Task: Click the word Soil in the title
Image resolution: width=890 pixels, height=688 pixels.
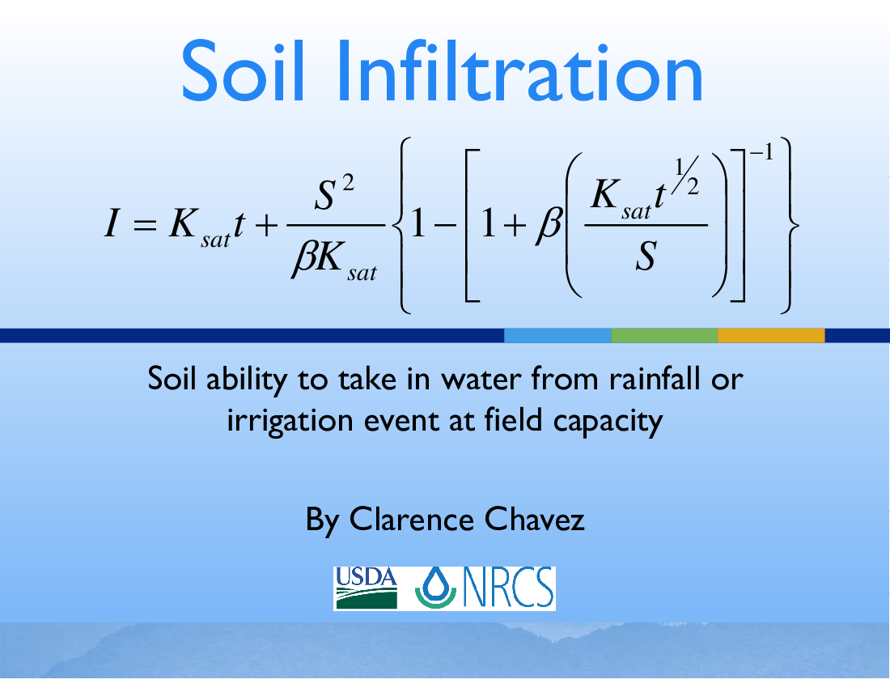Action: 244,71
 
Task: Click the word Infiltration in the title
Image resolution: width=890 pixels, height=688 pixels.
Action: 520,71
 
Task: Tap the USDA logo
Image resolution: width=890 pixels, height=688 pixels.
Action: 367,588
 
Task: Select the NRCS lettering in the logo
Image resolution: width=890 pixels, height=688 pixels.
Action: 509,587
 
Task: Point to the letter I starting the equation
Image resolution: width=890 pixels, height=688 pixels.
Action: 112,223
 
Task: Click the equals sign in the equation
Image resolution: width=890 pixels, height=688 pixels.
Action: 144,225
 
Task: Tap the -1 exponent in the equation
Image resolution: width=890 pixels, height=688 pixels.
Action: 761,152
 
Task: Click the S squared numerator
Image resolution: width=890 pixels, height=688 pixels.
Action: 334,193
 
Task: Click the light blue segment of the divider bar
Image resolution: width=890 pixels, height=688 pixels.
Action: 557,335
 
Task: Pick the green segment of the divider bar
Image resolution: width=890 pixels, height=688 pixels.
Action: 664,335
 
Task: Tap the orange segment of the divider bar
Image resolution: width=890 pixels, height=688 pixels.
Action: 771,335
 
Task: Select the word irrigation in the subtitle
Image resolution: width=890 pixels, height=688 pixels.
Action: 290,422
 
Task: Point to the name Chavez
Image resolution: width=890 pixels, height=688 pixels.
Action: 534,520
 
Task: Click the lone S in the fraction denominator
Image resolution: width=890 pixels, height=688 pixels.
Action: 646,256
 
